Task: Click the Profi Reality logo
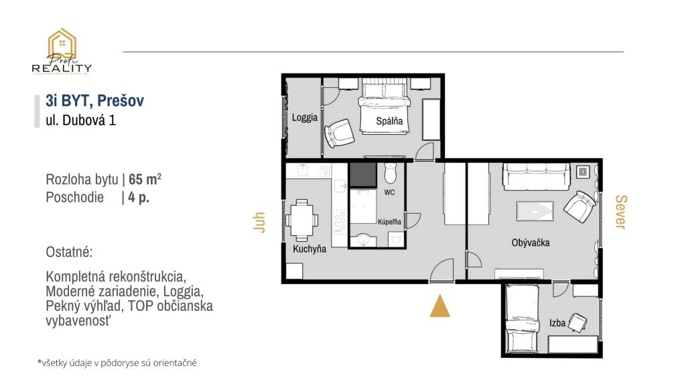[62, 52]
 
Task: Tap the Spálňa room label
[389, 121]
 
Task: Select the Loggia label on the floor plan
[305, 118]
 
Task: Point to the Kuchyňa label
[310, 249]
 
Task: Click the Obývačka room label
[531, 243]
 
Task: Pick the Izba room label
[557, 323]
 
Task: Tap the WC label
[389, 192]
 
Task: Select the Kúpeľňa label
[389, 222]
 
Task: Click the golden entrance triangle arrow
[439, 306]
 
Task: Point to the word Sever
[621, 212]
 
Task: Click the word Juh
[259, 222]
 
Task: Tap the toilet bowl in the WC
[390, 174]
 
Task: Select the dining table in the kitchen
[301, 220]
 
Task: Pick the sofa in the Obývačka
[537, 177]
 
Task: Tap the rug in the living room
[535, 211]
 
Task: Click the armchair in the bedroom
[339, 133]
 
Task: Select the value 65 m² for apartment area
[145, 179]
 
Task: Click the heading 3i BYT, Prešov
[95, 101]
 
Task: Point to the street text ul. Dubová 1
[81, 120]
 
